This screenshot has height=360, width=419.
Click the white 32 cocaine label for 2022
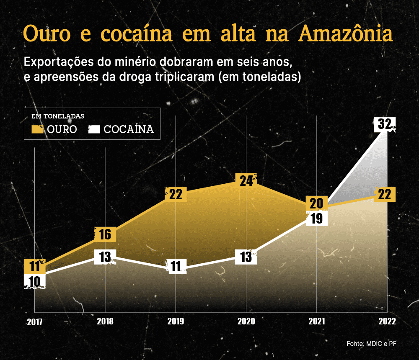pyautogui.click(x=385, y=124)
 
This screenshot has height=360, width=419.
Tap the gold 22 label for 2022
pyautogui.click(x=385, y=195)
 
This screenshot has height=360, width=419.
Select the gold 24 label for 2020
pyautogui.click(x=246, y=180)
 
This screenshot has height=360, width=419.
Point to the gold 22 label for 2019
pyautogui.click(x=176, y=195)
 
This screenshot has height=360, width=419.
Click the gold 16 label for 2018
pyautogui.click(x=105, y=234)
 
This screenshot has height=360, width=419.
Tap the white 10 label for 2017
pyautogui.click(x=35, y=281)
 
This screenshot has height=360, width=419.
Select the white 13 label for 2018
pyautogui.click(x=105, y=257)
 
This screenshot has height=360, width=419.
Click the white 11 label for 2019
pyautogui.click(x=176, y=266)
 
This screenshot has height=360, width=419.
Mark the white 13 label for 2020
pyautogui.click(x=246, y=257)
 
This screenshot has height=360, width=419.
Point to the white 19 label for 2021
pyautogui.click(x=316, y=219)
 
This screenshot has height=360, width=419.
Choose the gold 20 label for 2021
pyautogui.click(x=316, y=203)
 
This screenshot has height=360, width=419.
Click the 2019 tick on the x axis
pyautogui.click(x=176, y=321)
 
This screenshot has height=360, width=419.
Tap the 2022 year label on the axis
pyautogui.click(x=386, y=321)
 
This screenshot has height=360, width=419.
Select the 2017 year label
pyautogui.click(x=35, y=322)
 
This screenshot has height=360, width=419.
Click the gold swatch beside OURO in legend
pyautogui.click(x=38, y=129)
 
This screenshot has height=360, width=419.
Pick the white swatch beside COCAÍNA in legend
pyautogui.click(x=94, y=129)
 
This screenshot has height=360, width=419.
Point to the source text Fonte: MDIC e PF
pyautogui.click(x=371, y=344)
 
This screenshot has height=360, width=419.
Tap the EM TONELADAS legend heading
pyautogui.click(x=58, y=116)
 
